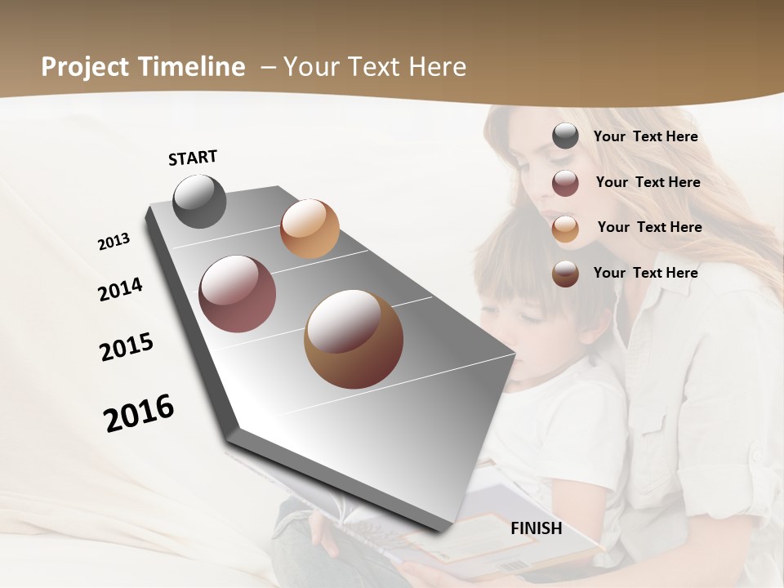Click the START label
[193, 158]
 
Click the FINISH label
[536, 528]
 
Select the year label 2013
[114, 242]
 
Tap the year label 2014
[120, 289]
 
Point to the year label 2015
[127, 346]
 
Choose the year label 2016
[139, 412]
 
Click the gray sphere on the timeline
[200, 201]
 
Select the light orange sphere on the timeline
[310, 229]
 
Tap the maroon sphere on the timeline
[238, 294]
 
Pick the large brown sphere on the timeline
[354, 339]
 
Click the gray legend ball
[565, 136]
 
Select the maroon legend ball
[565, 183]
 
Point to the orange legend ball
[565, 229]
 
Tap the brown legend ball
[565, 274]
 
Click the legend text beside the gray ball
[645, 137]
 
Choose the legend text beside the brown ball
[645, 273]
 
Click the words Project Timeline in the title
[143, 67]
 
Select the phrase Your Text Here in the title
[374, 67]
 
